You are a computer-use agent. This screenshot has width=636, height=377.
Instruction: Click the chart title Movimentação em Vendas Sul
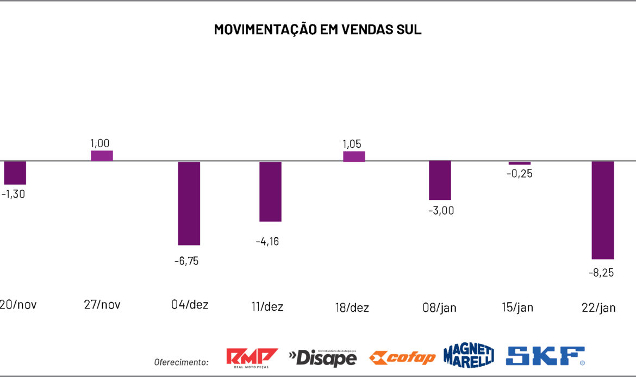tap(317, 29)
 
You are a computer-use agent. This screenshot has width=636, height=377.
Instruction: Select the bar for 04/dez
tap(189, 203)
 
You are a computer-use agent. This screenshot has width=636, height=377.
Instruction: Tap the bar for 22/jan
tap(602, 210)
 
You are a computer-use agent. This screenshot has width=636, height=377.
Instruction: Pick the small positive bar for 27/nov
tap(102, 155)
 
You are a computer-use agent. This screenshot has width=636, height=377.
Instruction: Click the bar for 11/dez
tap(270, 191)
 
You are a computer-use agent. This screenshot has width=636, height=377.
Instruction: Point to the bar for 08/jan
tap(440, 180)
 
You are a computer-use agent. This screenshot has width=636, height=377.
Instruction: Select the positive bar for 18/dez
tap(354, 156)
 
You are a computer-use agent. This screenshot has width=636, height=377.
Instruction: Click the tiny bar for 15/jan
tap(520, 163)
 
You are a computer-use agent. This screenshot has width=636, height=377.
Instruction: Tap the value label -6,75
tap(186, 261)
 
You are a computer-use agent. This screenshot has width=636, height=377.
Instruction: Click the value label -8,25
tap(601, 273)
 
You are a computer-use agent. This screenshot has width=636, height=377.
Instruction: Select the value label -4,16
tap(267, 242)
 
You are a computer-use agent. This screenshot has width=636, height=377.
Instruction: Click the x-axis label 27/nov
tap(102, 305)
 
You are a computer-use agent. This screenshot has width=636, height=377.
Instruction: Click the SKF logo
tap(545, 356)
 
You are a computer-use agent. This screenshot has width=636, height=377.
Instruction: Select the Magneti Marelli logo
tap(469, 356)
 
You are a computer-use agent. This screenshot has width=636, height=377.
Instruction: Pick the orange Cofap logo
tap(402, 357)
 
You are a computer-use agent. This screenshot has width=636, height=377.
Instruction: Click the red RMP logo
tap(252, 357)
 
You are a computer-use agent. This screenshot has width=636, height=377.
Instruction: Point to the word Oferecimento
tap(182, 362)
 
